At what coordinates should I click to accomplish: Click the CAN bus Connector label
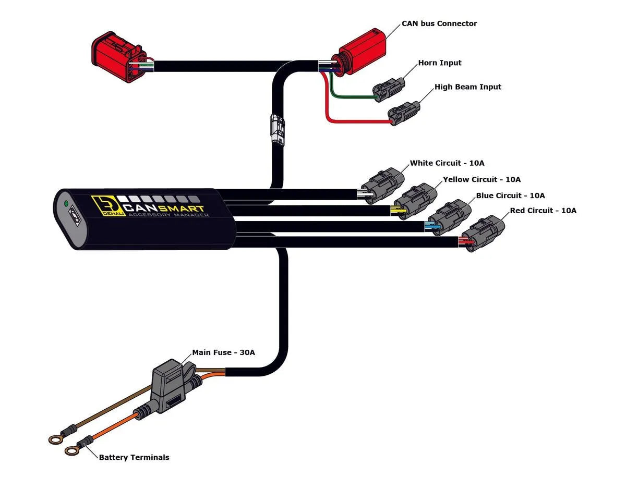click(439, 23)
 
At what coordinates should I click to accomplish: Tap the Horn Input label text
click(440, 63)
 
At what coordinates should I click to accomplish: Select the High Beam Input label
click(467, 87)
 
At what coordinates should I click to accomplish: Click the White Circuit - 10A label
click(447, 163)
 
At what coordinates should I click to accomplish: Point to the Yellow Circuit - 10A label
click(481, 179)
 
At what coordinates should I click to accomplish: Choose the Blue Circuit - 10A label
click(510, 195)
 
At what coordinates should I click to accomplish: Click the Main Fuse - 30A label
click(223, 352)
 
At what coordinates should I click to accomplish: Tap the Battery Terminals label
click(134, 457)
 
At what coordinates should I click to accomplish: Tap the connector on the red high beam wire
click(404, 111)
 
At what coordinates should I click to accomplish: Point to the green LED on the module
click(66, 203)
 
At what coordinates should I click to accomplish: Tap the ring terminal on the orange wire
click(72, 450)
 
